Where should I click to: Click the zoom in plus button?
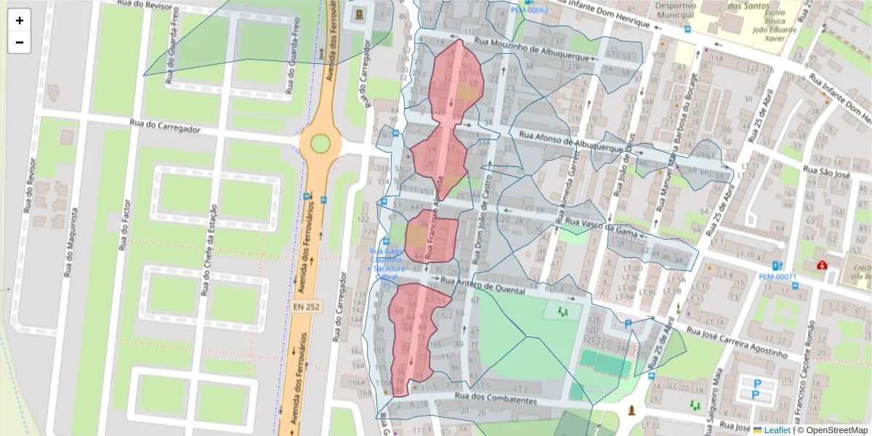click(20, 20)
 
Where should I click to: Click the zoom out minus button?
click(20, 42)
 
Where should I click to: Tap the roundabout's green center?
click(320, 143)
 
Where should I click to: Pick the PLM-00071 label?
click(778, 277)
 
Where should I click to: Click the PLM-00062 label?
click(530, 10)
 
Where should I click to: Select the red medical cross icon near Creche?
click(822, 266)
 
